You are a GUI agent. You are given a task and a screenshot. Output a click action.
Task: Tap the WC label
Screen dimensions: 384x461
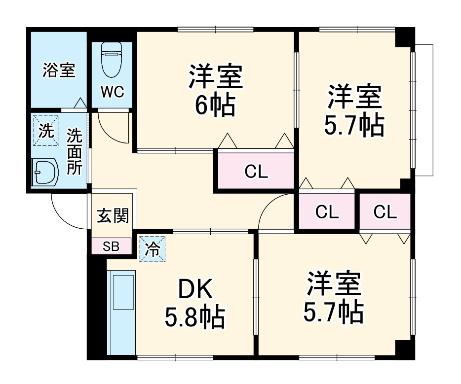click(x=113, y=92)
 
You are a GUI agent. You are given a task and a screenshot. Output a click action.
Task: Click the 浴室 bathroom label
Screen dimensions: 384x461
click(x=59, y=70)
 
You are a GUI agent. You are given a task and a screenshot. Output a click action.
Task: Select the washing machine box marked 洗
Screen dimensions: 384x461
click(x=46, y=131)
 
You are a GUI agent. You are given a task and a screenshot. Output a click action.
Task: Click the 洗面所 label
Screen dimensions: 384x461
click(x=75, y=151)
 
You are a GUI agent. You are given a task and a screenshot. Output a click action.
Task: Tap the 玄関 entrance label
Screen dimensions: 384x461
click(x=113, y=215)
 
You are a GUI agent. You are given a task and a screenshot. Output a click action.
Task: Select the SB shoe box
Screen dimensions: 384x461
click(x=111, y=246)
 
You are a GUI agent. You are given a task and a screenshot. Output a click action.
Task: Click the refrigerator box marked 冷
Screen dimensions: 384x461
click(x=153, y=249)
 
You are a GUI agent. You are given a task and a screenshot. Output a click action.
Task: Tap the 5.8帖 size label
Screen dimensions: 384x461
click(x=195, y=318)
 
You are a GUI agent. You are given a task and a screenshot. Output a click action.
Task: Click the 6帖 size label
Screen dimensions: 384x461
click(x=215, y=105)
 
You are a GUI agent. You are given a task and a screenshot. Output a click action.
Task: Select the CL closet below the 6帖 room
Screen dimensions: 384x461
click(x=256, y=172)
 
